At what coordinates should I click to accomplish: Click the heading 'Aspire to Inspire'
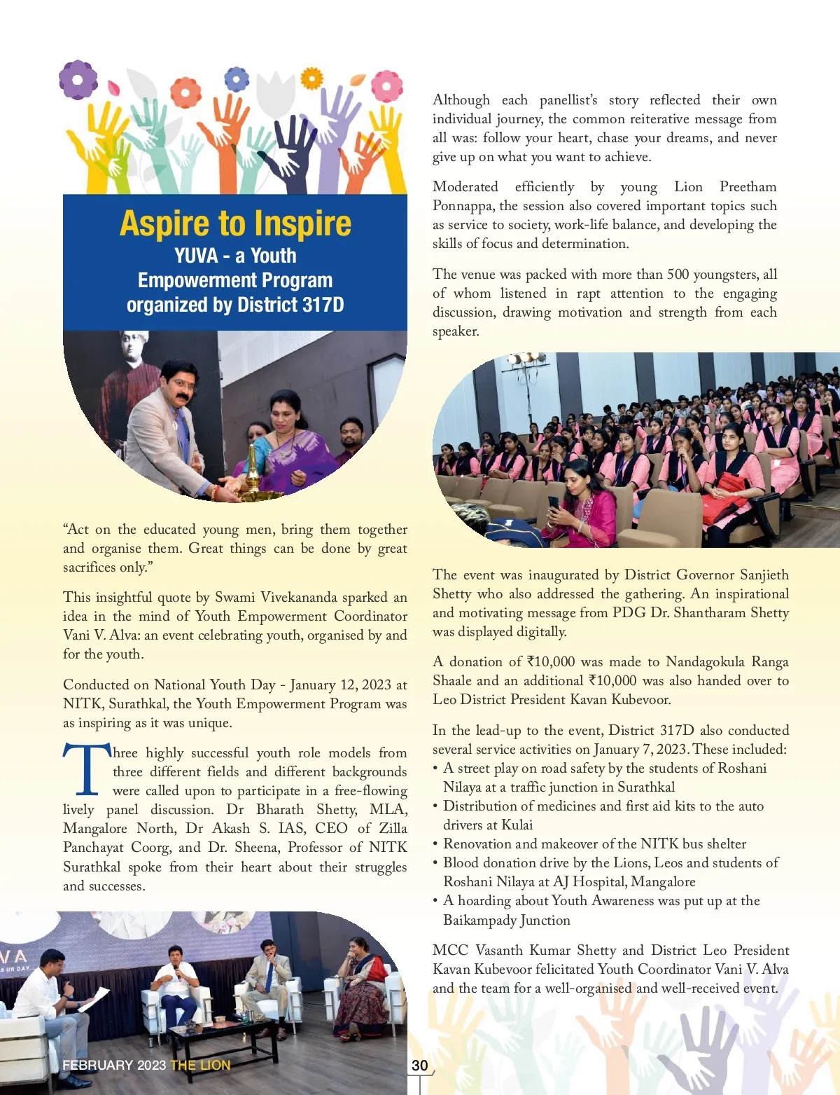tap(235, 223)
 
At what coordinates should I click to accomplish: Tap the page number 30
tap(419, 1066)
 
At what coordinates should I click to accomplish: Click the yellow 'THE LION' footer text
tap(200, 1066)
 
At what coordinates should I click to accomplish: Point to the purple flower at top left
tap(78, 79)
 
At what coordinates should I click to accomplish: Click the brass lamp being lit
tap(253, 476)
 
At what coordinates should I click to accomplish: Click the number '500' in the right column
tap(678, 274)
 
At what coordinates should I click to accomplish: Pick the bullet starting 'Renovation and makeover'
tap(594, 843)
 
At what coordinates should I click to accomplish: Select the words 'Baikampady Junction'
tap(507, 920)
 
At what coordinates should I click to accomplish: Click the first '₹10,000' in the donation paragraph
tap(551, 662)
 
